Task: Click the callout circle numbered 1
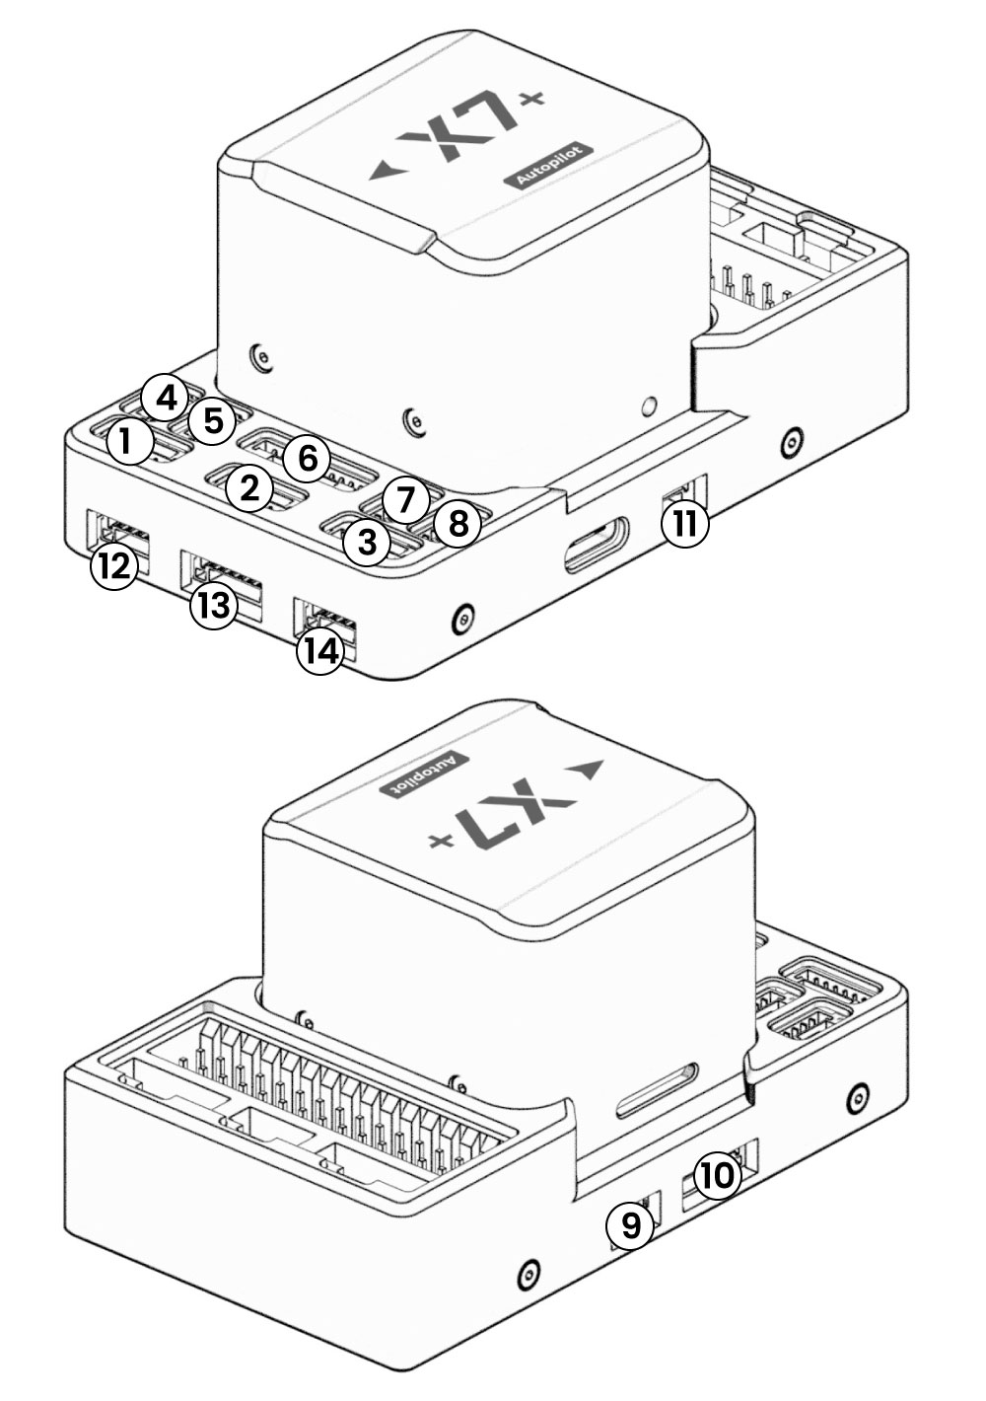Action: point(125,443)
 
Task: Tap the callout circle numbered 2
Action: point(249,487)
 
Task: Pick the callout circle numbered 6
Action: point(307,458)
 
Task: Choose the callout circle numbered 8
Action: point(457,524)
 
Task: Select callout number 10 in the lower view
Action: point(717,1175)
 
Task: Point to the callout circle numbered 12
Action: point(113,567)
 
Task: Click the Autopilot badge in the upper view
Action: point(552,166)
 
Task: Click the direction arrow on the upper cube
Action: point(386,172)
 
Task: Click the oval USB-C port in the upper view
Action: point(595,545)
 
